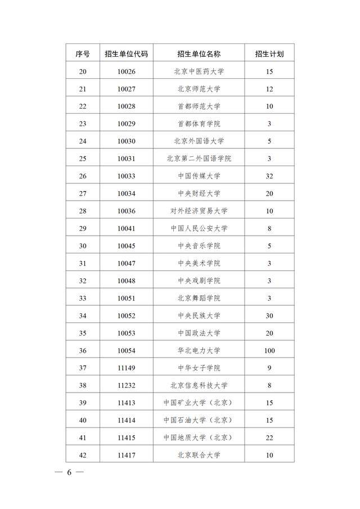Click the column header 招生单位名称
coord(199,54)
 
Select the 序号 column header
coord(83,54)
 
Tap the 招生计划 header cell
coord(269,54)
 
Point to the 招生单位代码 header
coord(127,54)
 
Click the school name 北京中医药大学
coord(199,71)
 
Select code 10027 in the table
coord(127,89)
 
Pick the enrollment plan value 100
coord(269,350)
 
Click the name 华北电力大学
coord(199,350)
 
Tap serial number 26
coord(83,176)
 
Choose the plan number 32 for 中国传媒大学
coord(269,176)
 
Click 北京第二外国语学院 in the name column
coord(199,159)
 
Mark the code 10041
coord(127,228)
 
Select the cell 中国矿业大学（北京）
coord(199,403)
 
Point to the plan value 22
coord(269,438)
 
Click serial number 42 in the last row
coord(83,455)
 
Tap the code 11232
coord(127,385)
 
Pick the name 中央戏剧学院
coord(199,281)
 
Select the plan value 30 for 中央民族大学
coord(269,316)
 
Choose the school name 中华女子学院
coord(199,368)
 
